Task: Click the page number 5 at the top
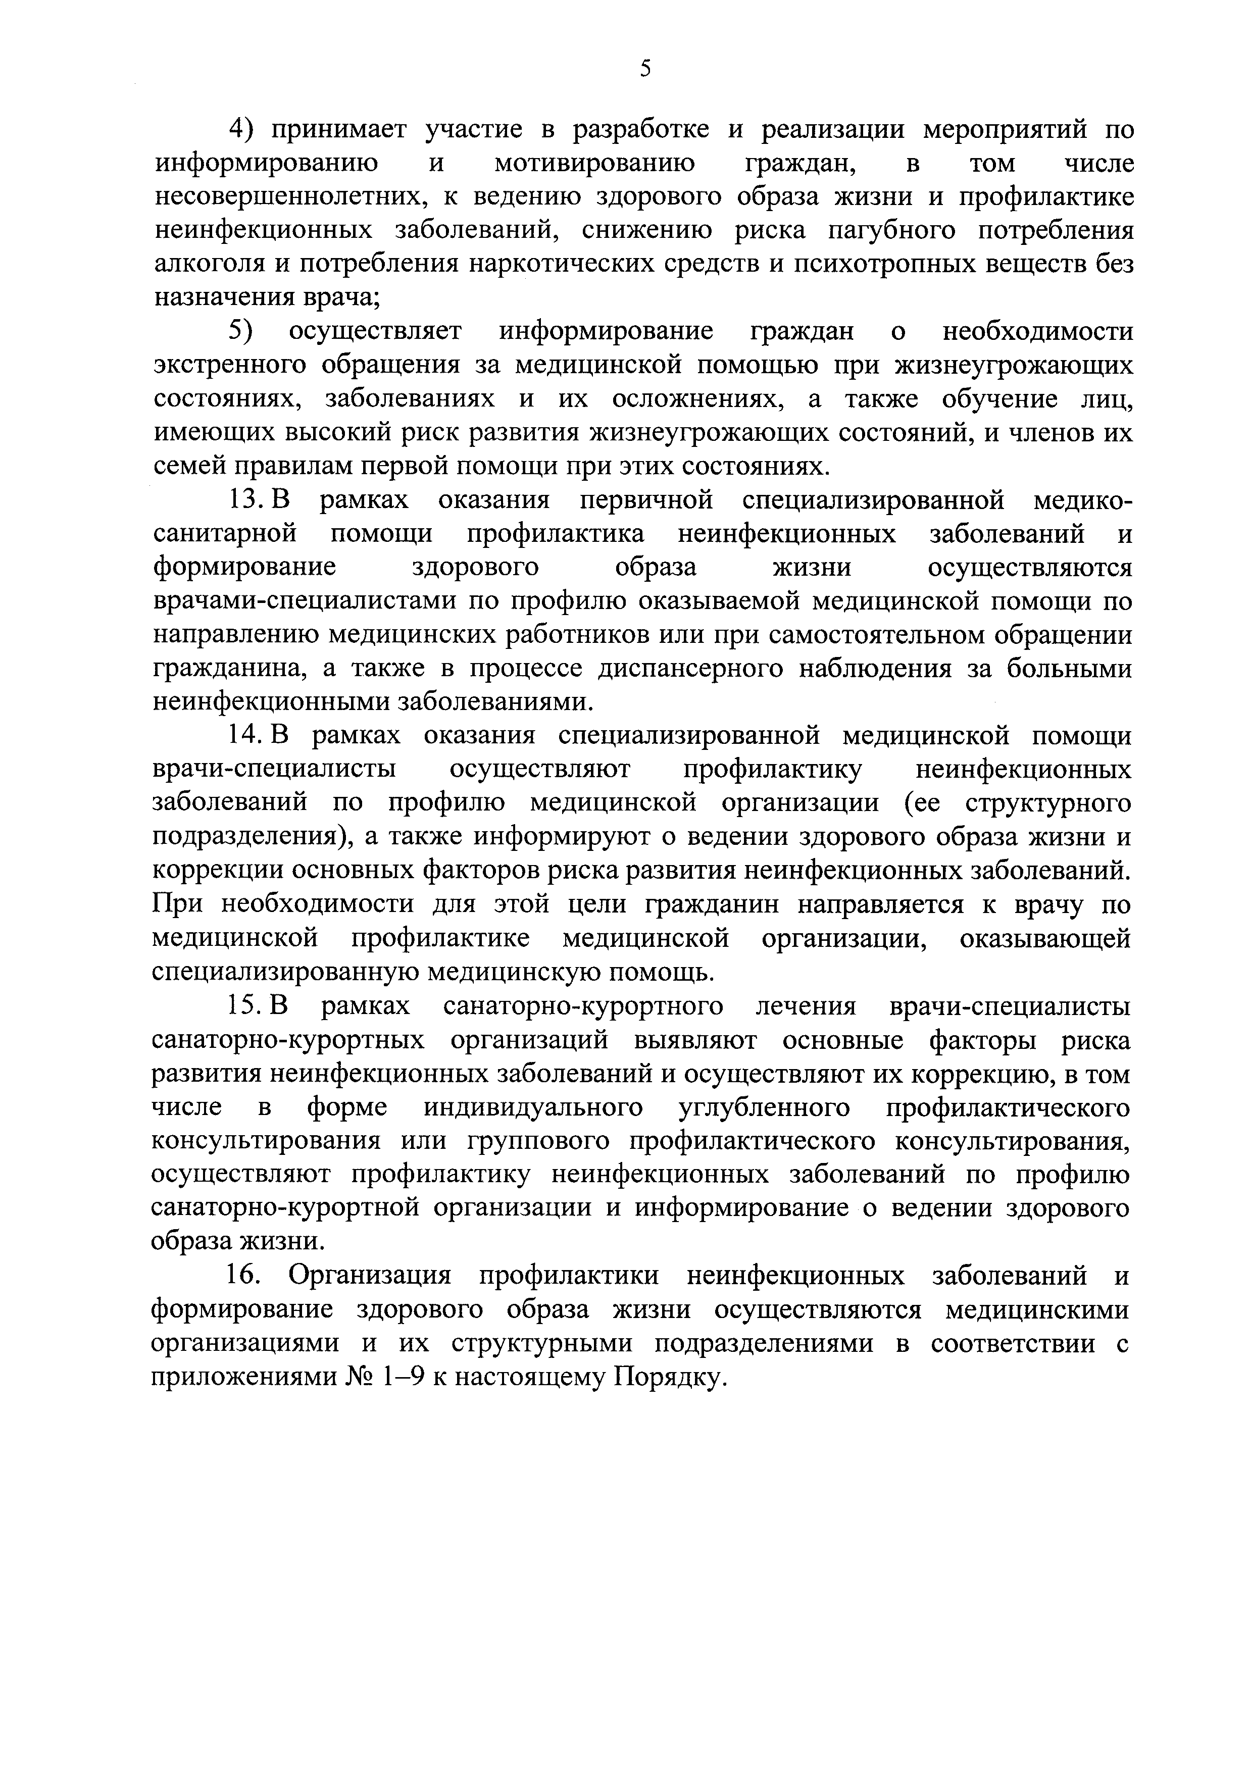(646, 69)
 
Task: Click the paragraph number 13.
(245, 500)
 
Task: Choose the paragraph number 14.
(245, 736)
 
